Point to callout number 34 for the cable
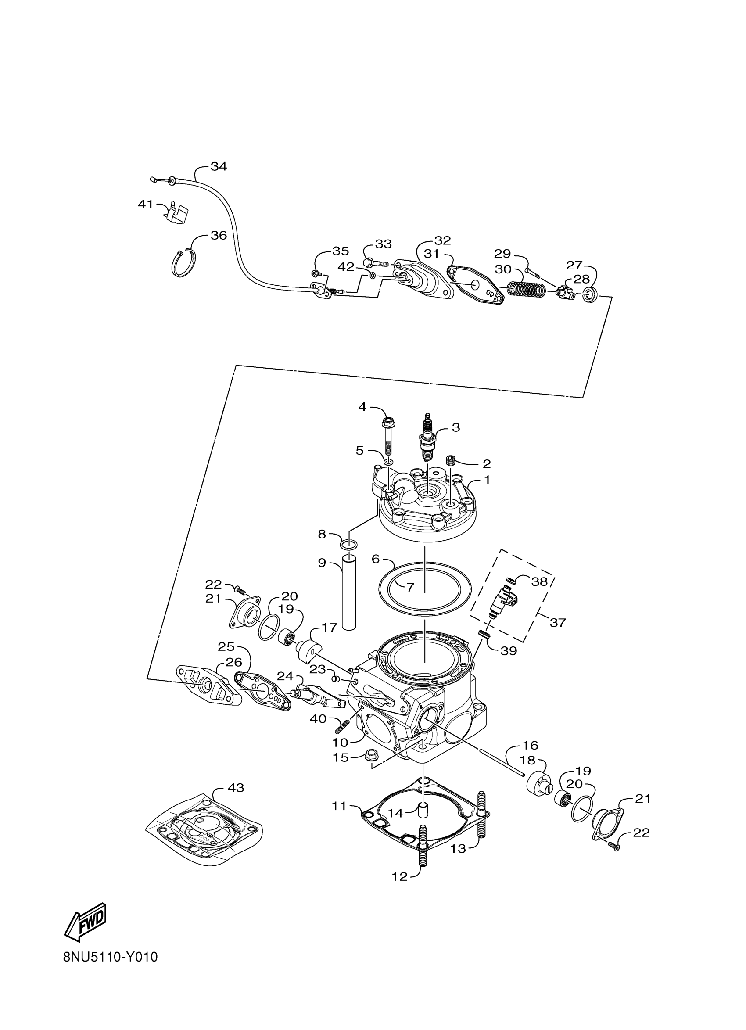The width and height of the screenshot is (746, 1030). [x=219, y=167]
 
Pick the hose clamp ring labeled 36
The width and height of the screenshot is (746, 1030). [x=184, y=263]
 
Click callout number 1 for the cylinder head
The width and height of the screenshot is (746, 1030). [x=487, y=480]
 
